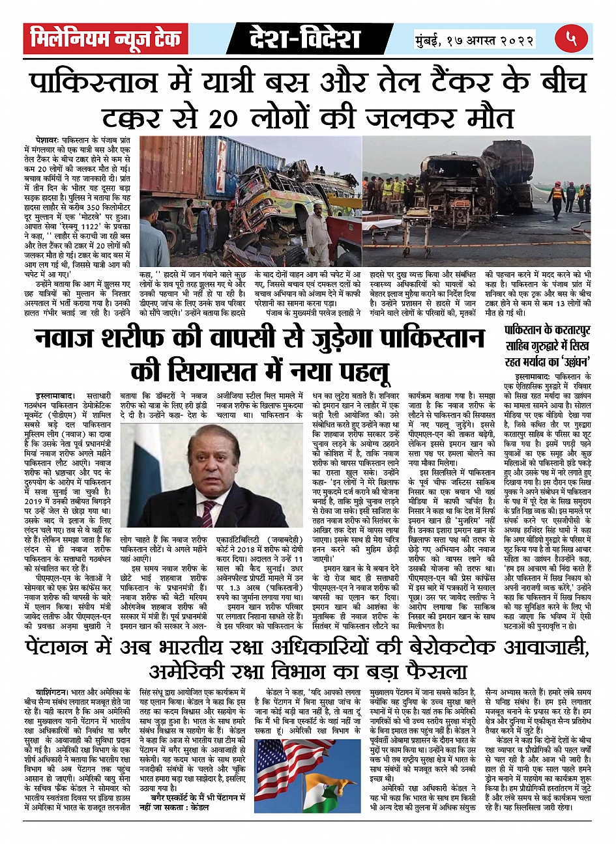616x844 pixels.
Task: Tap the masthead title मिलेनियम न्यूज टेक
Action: point(106,39)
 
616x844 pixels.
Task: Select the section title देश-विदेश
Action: point(304,39)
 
